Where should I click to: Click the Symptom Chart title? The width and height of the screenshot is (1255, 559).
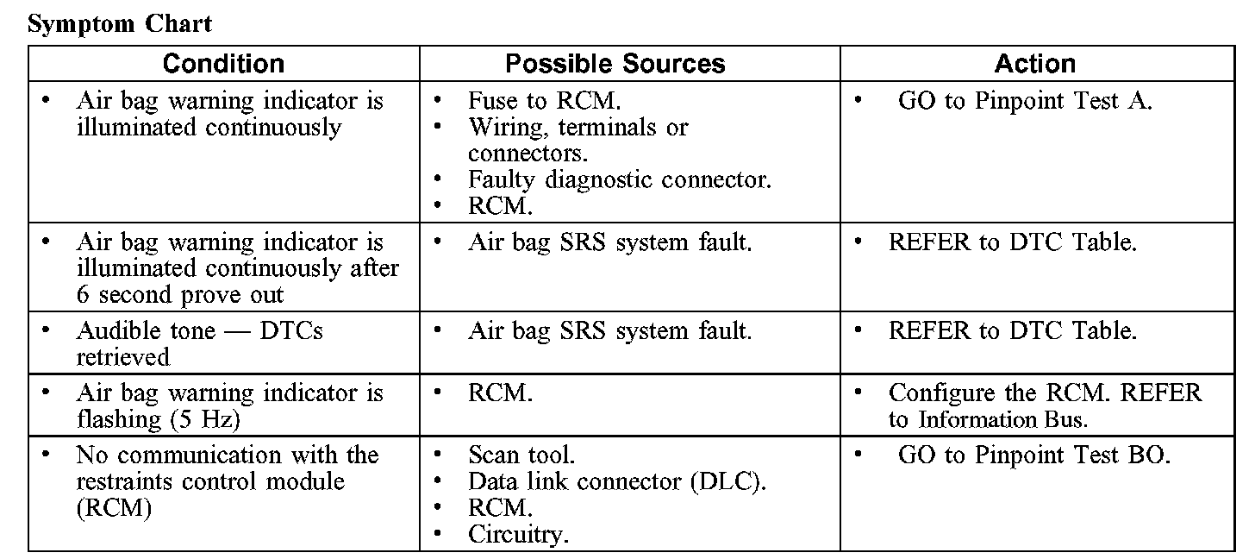(x=120, y=23)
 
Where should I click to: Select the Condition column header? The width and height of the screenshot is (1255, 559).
(x=223, y=64)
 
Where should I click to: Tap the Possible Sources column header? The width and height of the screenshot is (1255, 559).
(x=615, y=64)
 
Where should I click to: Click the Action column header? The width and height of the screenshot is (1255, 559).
(x=1034, y=64)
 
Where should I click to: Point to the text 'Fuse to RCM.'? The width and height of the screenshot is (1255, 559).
(x=543, y=101)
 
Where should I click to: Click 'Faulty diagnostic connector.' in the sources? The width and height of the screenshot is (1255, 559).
(x=619, y=180)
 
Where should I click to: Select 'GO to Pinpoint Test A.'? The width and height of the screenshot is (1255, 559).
(x=1024, y=101)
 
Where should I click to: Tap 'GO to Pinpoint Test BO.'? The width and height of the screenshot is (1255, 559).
(x=1033, y=455)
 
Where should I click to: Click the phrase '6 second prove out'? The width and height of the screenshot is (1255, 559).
(x=179, y=295)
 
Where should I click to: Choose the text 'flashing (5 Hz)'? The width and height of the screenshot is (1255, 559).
(x=157, y=419)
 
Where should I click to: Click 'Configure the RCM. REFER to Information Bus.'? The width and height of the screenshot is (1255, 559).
(x=1044, y=405)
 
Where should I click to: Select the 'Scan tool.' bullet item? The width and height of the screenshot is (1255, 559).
(x=521, y=455)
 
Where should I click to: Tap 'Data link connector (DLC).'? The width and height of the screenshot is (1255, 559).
(x=616, y=481)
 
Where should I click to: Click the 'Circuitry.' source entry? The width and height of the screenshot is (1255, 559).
(x=517, y=535)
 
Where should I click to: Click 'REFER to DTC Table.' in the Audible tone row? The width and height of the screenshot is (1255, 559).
(x=1012, y=330)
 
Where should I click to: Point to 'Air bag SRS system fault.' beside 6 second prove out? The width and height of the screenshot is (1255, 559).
(x=609, y=242)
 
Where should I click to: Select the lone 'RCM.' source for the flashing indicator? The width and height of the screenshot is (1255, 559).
(x=500, y=393)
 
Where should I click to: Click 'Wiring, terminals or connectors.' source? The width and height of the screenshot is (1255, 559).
(x=578, y=140)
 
